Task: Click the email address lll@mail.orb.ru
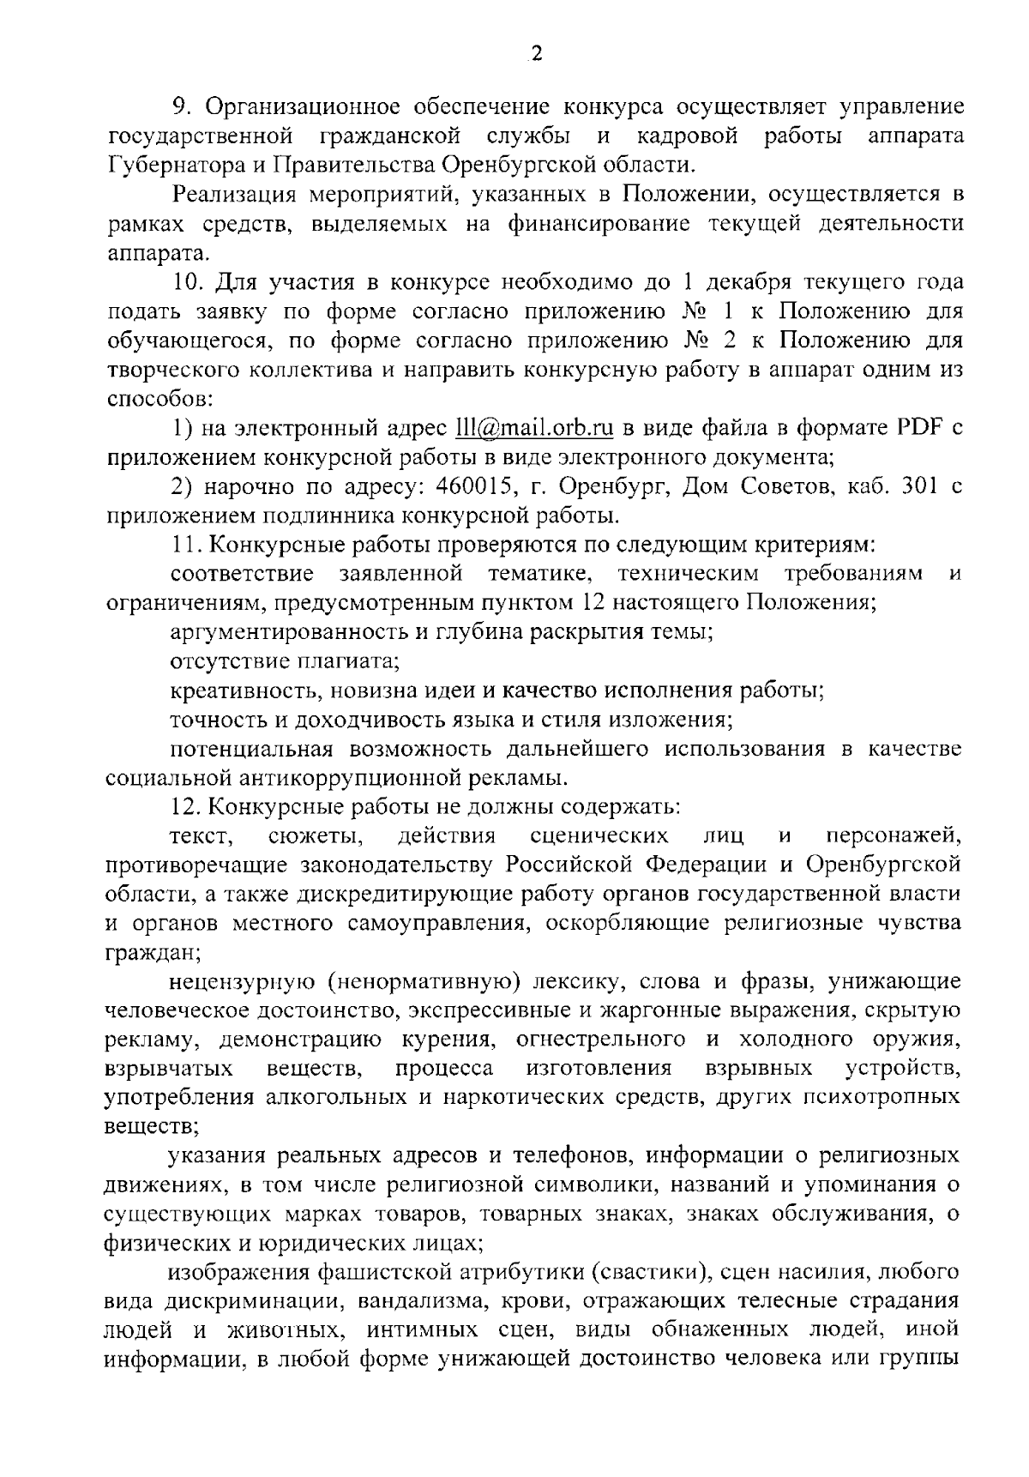tap(550, 427)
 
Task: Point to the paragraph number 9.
tap(180, 107)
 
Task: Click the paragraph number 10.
tap(186, 282)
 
